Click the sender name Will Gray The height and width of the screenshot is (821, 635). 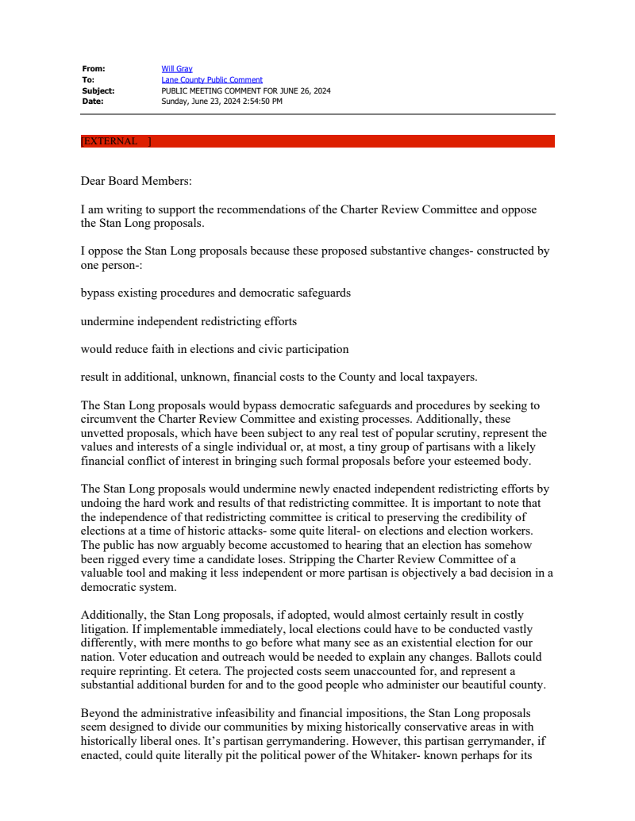[177, 69]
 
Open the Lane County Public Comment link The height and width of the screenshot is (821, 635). [212, 80]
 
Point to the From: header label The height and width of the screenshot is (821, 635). [94, 69]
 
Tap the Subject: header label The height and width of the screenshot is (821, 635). [98, 90]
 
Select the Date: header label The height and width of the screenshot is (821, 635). [93, 102]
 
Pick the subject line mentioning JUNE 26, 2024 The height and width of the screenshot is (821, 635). [246, 90]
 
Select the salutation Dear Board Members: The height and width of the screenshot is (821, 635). [137, 181]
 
